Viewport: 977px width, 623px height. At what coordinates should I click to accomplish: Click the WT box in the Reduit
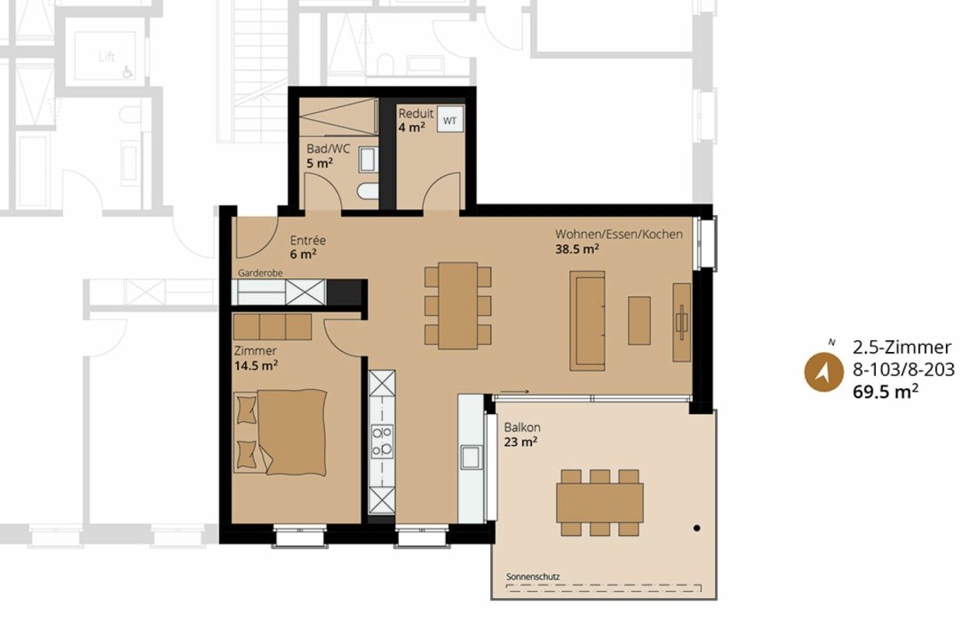tap(450, 119)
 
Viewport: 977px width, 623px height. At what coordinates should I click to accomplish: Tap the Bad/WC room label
tap(328, 149)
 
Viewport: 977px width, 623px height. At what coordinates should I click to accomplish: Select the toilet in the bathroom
tap(368, 191)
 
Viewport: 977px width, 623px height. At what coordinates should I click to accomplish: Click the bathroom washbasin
tap(368, 160)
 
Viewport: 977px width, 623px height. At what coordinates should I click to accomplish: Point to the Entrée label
tap(308, 240)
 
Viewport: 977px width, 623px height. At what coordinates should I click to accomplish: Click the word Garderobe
tap(261, 273)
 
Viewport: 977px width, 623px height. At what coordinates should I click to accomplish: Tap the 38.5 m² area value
tap(577, 249)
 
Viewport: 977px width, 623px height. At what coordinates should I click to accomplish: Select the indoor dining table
tap(457, 305)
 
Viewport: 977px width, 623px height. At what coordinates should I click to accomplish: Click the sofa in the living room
tap(587, 321)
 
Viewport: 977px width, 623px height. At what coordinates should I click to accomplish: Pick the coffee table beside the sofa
tap(639, 321)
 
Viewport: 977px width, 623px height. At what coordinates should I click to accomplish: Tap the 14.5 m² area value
tap(256, 365)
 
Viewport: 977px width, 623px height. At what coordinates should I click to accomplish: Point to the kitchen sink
tap(471, 458)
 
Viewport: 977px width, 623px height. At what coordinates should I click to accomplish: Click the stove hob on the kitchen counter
tap(382, 442)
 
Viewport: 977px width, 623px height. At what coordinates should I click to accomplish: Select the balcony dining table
tap(600, 502)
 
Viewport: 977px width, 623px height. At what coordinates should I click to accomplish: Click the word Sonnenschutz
tap(533, 577)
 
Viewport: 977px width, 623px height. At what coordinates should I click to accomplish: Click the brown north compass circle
tap(824, 372)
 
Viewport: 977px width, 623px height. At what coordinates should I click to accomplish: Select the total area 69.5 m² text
tap(885, 392)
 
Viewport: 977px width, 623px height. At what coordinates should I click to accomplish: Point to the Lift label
tap(107, 57)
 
